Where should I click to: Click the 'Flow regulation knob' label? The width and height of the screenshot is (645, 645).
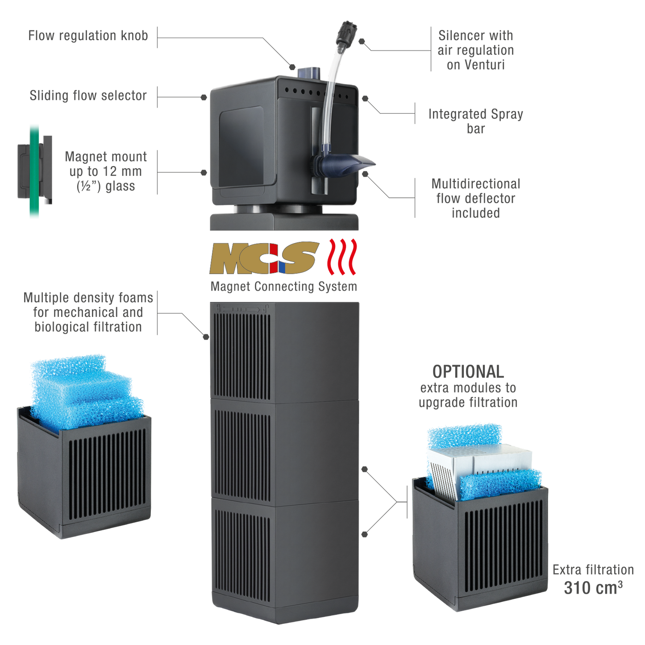tap(88, 35)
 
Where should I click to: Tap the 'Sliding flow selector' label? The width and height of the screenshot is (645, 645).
tap(88, 95)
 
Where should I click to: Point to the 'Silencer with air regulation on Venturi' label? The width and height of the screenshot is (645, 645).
tap(475, 50)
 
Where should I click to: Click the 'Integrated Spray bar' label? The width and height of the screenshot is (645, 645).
tap(475, 121)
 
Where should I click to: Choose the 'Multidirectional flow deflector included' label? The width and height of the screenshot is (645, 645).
tap(475, 198)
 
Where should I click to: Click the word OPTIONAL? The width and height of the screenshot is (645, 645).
tap(468, 371)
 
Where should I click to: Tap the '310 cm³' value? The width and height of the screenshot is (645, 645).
tap(593, 588)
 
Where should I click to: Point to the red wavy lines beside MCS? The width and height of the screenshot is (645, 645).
tap(343, 257)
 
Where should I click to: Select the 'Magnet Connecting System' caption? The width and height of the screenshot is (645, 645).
tap(283, 287)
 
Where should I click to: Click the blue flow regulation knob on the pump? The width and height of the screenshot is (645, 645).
tap(309, 72)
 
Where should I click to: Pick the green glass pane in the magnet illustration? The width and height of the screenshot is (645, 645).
tap(34, 171)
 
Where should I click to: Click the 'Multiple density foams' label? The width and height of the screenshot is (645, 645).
tap(88, 312)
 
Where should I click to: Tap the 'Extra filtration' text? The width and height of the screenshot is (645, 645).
tap(593, 570)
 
